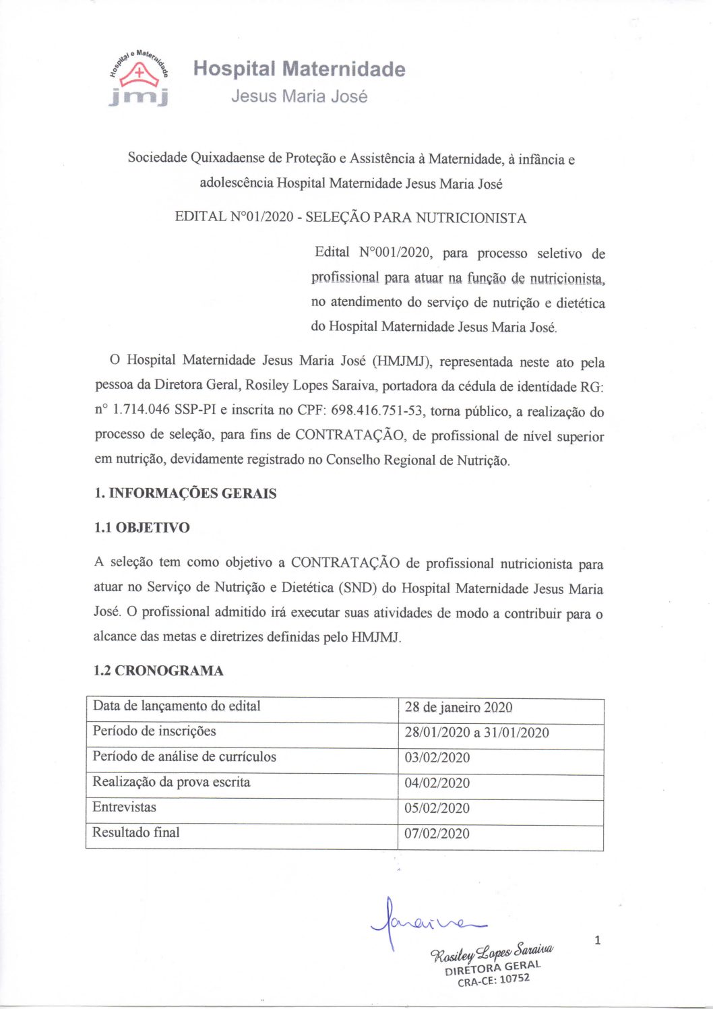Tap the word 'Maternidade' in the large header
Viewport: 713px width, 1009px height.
click(343, 69)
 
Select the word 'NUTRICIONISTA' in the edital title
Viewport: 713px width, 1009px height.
click(470, 218)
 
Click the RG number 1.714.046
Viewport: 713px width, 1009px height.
click(142, 410)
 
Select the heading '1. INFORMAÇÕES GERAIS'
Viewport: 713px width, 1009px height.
click(185, 493)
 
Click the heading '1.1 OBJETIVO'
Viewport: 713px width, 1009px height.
click(142, 528)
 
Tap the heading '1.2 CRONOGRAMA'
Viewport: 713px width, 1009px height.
click(158, 671)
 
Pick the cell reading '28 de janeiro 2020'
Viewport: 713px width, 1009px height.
click(458, 707)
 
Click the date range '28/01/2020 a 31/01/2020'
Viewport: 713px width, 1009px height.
click(476, 733)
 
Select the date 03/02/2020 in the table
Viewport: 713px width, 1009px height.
click(437, 758)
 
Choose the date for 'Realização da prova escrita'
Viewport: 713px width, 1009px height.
click(437, 783)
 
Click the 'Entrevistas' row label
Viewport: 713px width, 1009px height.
click(124, 807)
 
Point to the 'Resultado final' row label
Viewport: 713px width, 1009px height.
click(135, 832)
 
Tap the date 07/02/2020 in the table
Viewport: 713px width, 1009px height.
click(437, 834)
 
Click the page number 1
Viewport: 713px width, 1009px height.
click(597, 940)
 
